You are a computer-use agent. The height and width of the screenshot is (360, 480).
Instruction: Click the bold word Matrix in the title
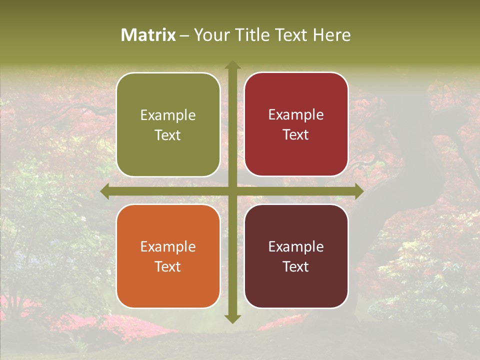click(148, 35)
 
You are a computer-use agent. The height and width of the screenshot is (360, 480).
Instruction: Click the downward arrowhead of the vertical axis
click(232, 318)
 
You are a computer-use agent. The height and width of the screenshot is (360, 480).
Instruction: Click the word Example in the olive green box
click(168, 115)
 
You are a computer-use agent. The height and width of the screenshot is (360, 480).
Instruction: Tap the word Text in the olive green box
click(168, 135)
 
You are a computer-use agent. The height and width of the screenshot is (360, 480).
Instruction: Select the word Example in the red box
click(296, 115)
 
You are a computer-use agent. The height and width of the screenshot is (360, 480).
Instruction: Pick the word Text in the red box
click(296, 135)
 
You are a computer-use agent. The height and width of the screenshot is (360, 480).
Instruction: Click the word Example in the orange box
click(168, 247)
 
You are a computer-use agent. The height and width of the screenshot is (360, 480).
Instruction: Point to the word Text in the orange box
click(168, 267)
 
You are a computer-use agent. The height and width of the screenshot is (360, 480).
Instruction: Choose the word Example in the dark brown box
click(296, 247)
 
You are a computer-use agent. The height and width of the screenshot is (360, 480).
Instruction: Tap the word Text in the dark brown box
click(296, 267)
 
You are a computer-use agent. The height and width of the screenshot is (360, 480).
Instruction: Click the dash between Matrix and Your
click(184, 35)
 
